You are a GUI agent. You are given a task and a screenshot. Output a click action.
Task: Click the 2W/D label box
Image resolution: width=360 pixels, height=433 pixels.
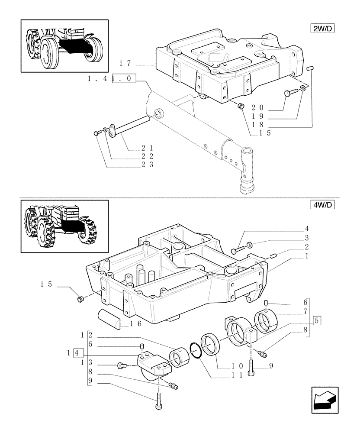pos(323,29)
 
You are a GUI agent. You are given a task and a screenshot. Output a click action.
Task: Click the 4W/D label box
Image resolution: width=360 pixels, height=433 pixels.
pos(323,205)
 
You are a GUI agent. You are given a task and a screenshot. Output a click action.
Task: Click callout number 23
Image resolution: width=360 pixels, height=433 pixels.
pos(136,164)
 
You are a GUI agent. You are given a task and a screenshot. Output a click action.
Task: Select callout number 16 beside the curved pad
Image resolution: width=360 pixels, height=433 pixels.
pos(129,323)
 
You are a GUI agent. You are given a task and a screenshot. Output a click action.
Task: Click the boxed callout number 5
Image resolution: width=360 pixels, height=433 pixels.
pos(317,321)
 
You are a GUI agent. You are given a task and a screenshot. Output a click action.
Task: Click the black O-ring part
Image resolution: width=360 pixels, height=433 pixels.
pos(197,351)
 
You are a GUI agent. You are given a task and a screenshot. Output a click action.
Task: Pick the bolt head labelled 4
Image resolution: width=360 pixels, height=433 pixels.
pos(235,251)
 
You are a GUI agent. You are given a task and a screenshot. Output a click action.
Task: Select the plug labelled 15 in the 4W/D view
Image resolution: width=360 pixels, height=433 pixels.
pos(80,299)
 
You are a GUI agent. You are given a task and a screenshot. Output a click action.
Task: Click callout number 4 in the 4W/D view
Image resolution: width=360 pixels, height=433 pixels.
pos(306,228)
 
